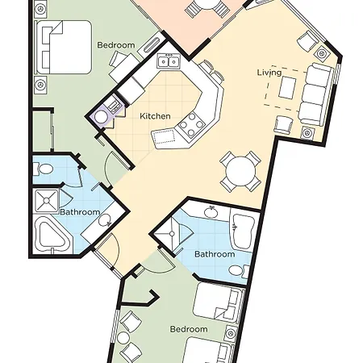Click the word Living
click(269, 73)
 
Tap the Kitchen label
click(155, 116)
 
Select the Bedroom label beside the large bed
click(116, 45)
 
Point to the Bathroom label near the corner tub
click(80, 212)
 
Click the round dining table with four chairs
click(240, 171)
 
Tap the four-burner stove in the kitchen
click(191, 124)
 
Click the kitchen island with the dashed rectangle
click(164, 138)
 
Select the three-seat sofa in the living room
click(315, 94)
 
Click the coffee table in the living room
click(287, 87)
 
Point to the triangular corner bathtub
click(52, 235)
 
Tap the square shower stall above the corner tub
click(47, 201)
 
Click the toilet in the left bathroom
click(43, 169)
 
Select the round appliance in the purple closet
click(102, 117)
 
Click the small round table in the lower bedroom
click(123, 337)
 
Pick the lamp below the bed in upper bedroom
click(40, 85)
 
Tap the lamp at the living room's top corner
click(323, 52)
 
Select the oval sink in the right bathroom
click(211, 212)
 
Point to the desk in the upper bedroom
click(124, 66)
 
